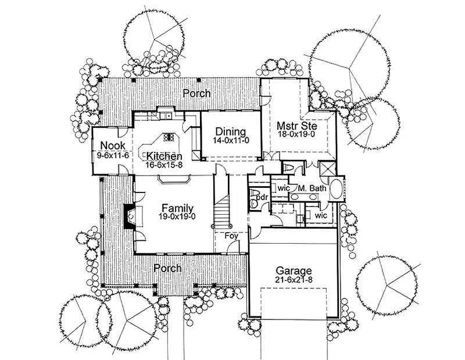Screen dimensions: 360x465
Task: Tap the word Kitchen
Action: click(x=164, y=156)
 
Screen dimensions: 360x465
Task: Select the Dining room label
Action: click(x=230, y=131)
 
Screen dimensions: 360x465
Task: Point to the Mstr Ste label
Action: click(x=296, y=124)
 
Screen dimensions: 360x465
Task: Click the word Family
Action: click(x=177, y=208)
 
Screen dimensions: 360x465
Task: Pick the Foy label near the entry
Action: click(x=232, y=236)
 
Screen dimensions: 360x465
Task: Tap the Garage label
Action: click(x=294, y=270)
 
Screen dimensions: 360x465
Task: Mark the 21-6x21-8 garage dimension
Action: click(x=294, y=281)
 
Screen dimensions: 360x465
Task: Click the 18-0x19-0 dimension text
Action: click(x=296, y=134)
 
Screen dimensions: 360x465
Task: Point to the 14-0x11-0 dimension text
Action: click(x=230, y=141)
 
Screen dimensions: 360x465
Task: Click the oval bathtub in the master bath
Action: click(x=336, y=190)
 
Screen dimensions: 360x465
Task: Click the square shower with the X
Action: click(x=328, y=169)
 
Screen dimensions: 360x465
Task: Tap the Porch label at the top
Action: click(x=197, y=93)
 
